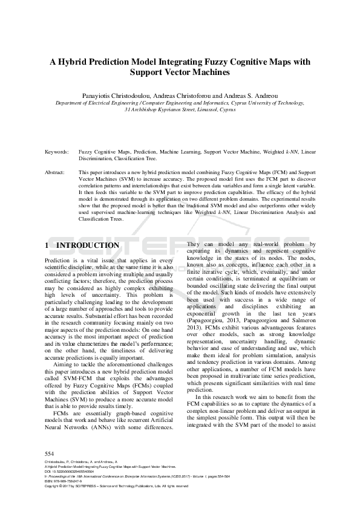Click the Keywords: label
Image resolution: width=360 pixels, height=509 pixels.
pyautogui.click(x=57, y=152)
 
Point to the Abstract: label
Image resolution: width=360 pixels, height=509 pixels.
pyautogui.click(x=55, y=173)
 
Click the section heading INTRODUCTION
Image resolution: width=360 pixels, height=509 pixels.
pyautogui.click(x=88, y=245)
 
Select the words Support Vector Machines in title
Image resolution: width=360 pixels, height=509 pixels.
pyautogui.click(x=180, y=73)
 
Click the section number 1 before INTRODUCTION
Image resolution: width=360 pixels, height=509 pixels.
pyautogui.click(x=47, y=245)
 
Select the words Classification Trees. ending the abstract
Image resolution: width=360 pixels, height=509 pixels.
pyautogui.click(x=101, y=219)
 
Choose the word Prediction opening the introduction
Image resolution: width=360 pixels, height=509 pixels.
pyautogui.click(x=58, y=259)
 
